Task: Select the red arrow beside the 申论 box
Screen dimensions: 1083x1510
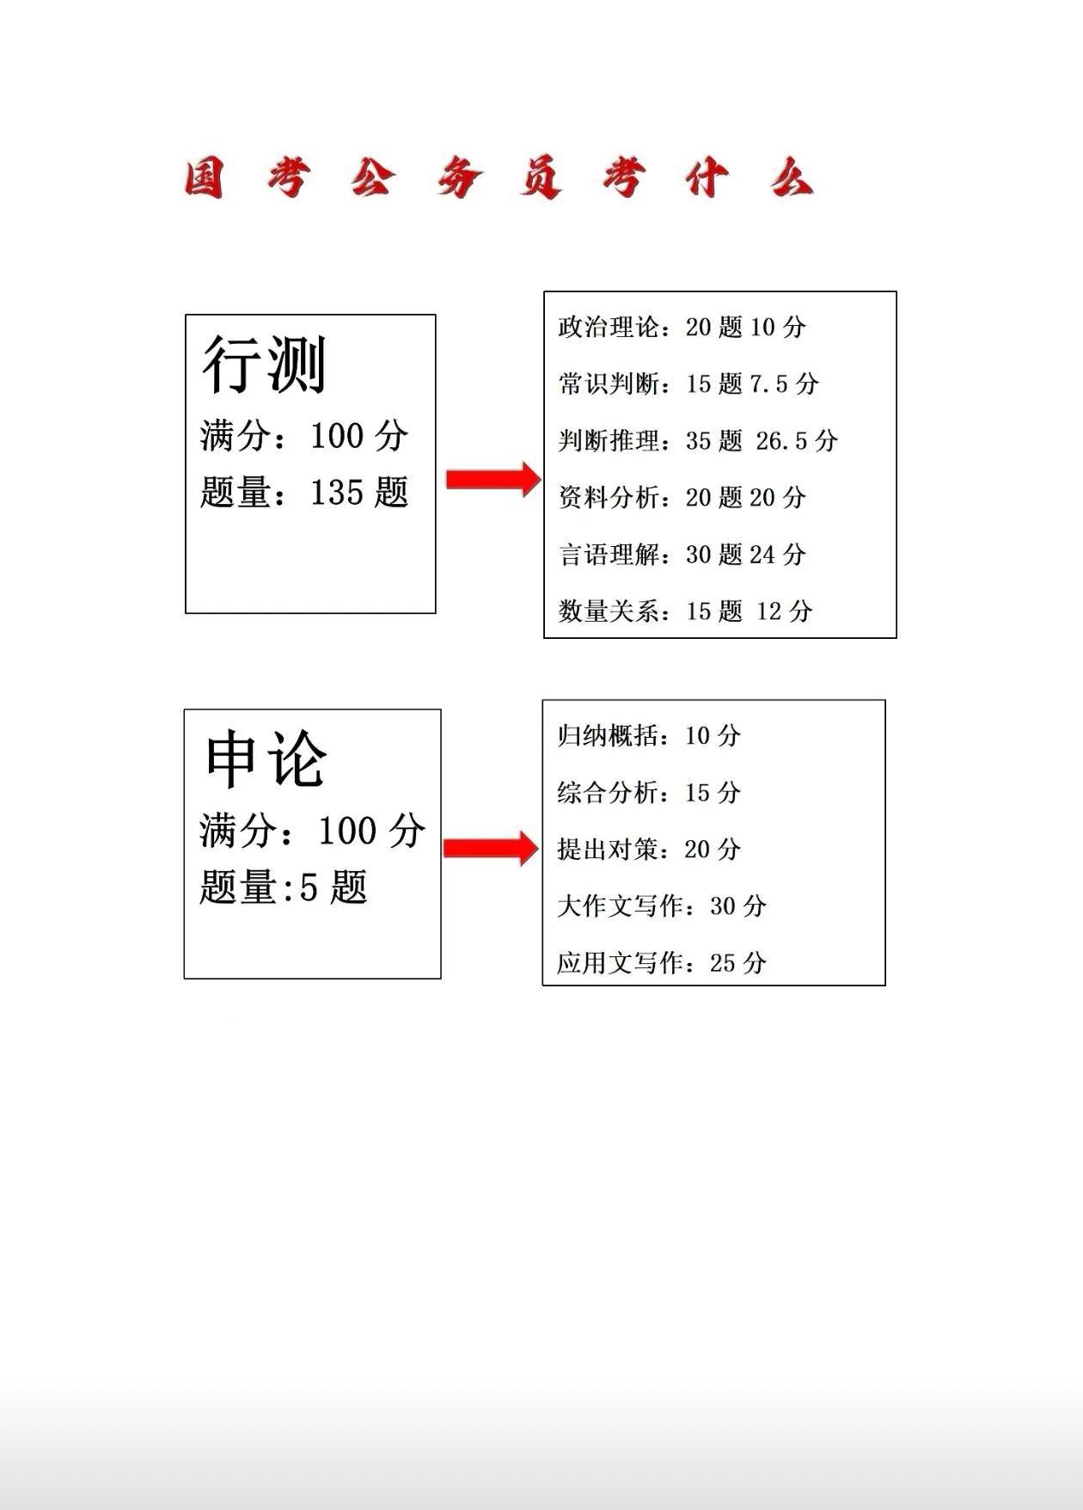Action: [491, 848]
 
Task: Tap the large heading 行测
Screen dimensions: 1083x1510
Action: [264, 365]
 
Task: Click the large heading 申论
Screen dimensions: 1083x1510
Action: [266, 759]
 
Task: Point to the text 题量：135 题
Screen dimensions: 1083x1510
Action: [304, 493]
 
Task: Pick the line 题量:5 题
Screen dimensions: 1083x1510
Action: [284, 887]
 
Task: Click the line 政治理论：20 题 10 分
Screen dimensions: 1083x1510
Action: [682, 327]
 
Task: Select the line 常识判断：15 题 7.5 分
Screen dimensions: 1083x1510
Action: [688, 384]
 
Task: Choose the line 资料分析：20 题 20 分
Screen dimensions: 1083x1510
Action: [682, 497]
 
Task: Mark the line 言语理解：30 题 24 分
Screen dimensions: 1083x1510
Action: [682, 554]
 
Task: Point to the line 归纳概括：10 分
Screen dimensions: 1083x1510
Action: [649, 735]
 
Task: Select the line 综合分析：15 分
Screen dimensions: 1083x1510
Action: [649, 792]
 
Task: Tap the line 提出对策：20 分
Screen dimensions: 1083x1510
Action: [649, 849]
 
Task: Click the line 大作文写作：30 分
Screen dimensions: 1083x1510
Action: [662, 905]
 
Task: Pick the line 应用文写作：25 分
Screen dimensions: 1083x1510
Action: [662, 962]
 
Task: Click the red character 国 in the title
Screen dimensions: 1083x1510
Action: [205, 179]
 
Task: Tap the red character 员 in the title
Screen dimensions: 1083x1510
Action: [541, 179]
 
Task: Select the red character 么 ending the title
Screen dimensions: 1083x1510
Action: [792, 179]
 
